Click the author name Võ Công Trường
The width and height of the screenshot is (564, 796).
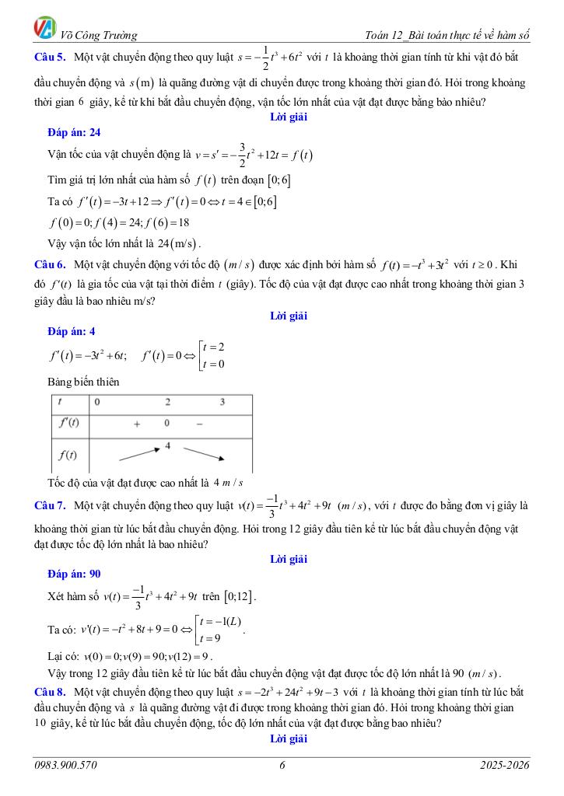tap(99, 35)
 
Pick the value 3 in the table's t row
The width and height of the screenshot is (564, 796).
tap(222, 403)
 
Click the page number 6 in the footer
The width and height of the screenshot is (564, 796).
tap(282, 766)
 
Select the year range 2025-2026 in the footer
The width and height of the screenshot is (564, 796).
tap(505, 766)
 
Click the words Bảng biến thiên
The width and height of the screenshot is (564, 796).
tap(83, 382)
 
